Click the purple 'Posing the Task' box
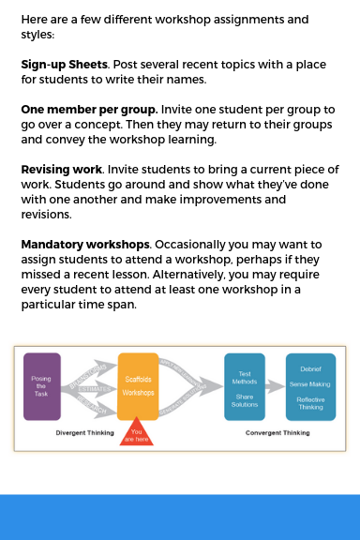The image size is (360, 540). point(42,385)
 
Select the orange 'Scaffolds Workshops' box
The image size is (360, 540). point(137,385)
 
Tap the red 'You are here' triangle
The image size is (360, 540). point(137,435)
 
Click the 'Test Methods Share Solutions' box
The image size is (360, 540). point(244,385)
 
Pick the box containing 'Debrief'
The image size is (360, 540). point(310,385)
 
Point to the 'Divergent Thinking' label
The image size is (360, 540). point(84,433)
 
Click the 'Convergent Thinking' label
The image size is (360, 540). point(279,433)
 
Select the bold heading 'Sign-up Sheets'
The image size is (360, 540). point(64,66)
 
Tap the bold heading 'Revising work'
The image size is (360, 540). point(62,170)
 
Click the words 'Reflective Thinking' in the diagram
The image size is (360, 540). point(310,403)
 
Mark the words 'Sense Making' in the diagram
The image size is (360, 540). point(310,384)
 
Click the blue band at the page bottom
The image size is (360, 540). point(180,517)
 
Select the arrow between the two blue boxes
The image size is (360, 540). point(276,385)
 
